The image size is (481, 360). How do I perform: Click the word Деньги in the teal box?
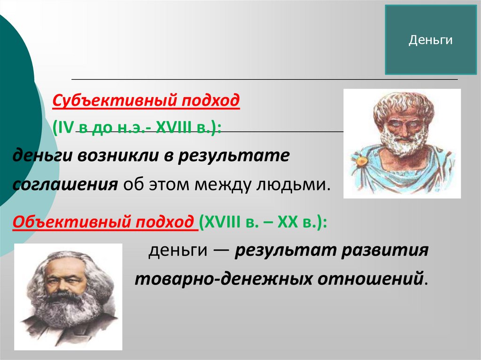(x=430, y=40)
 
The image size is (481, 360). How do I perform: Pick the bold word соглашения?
(x=65, y=184)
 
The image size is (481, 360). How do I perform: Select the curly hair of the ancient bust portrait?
(x=403, y=106)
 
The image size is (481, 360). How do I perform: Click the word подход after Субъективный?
(x=210, y=100)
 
